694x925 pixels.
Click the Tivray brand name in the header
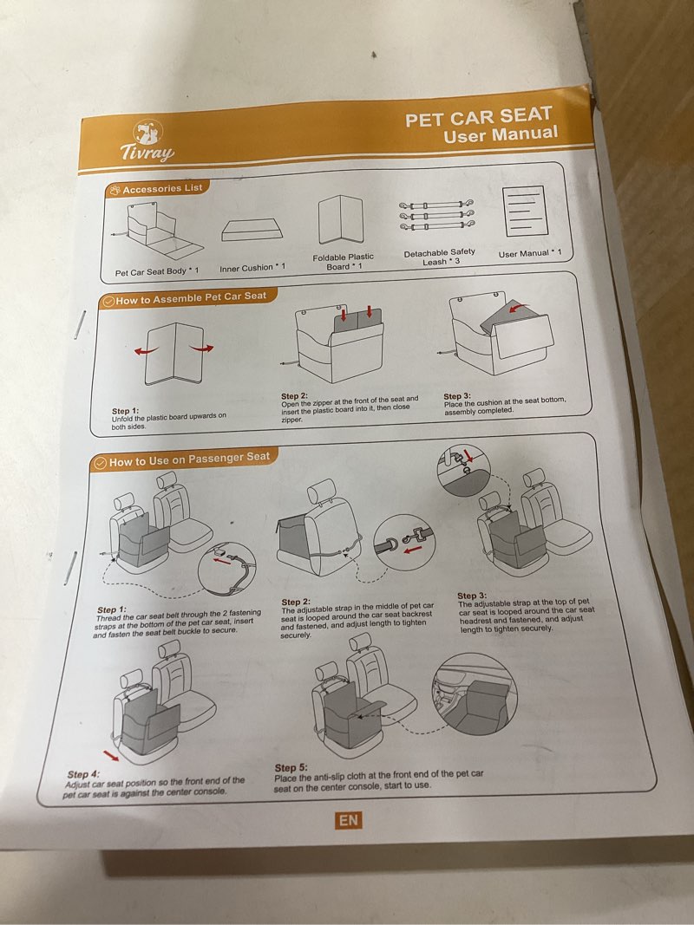(x=147, y=153)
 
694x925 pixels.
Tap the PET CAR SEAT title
(x=479, y=116)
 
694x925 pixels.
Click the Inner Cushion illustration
(x=252, y=230)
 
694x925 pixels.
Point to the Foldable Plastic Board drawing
(x=341, y=220)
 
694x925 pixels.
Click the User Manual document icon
(x=524, y=211)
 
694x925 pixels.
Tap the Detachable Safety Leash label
(x=440, y=257)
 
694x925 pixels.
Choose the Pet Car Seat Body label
(x=157, y=271)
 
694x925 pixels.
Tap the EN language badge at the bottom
(x=348, y=820)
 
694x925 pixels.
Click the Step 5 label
(x=291, y=767)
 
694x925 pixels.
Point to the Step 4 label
(x=83, y=774)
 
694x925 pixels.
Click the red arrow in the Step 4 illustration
(x=110, y=756)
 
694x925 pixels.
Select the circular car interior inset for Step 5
(x=475, y=694)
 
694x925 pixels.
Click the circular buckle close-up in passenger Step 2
(x=405, y=542)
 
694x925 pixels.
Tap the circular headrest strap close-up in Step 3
(x=464, y=470)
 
